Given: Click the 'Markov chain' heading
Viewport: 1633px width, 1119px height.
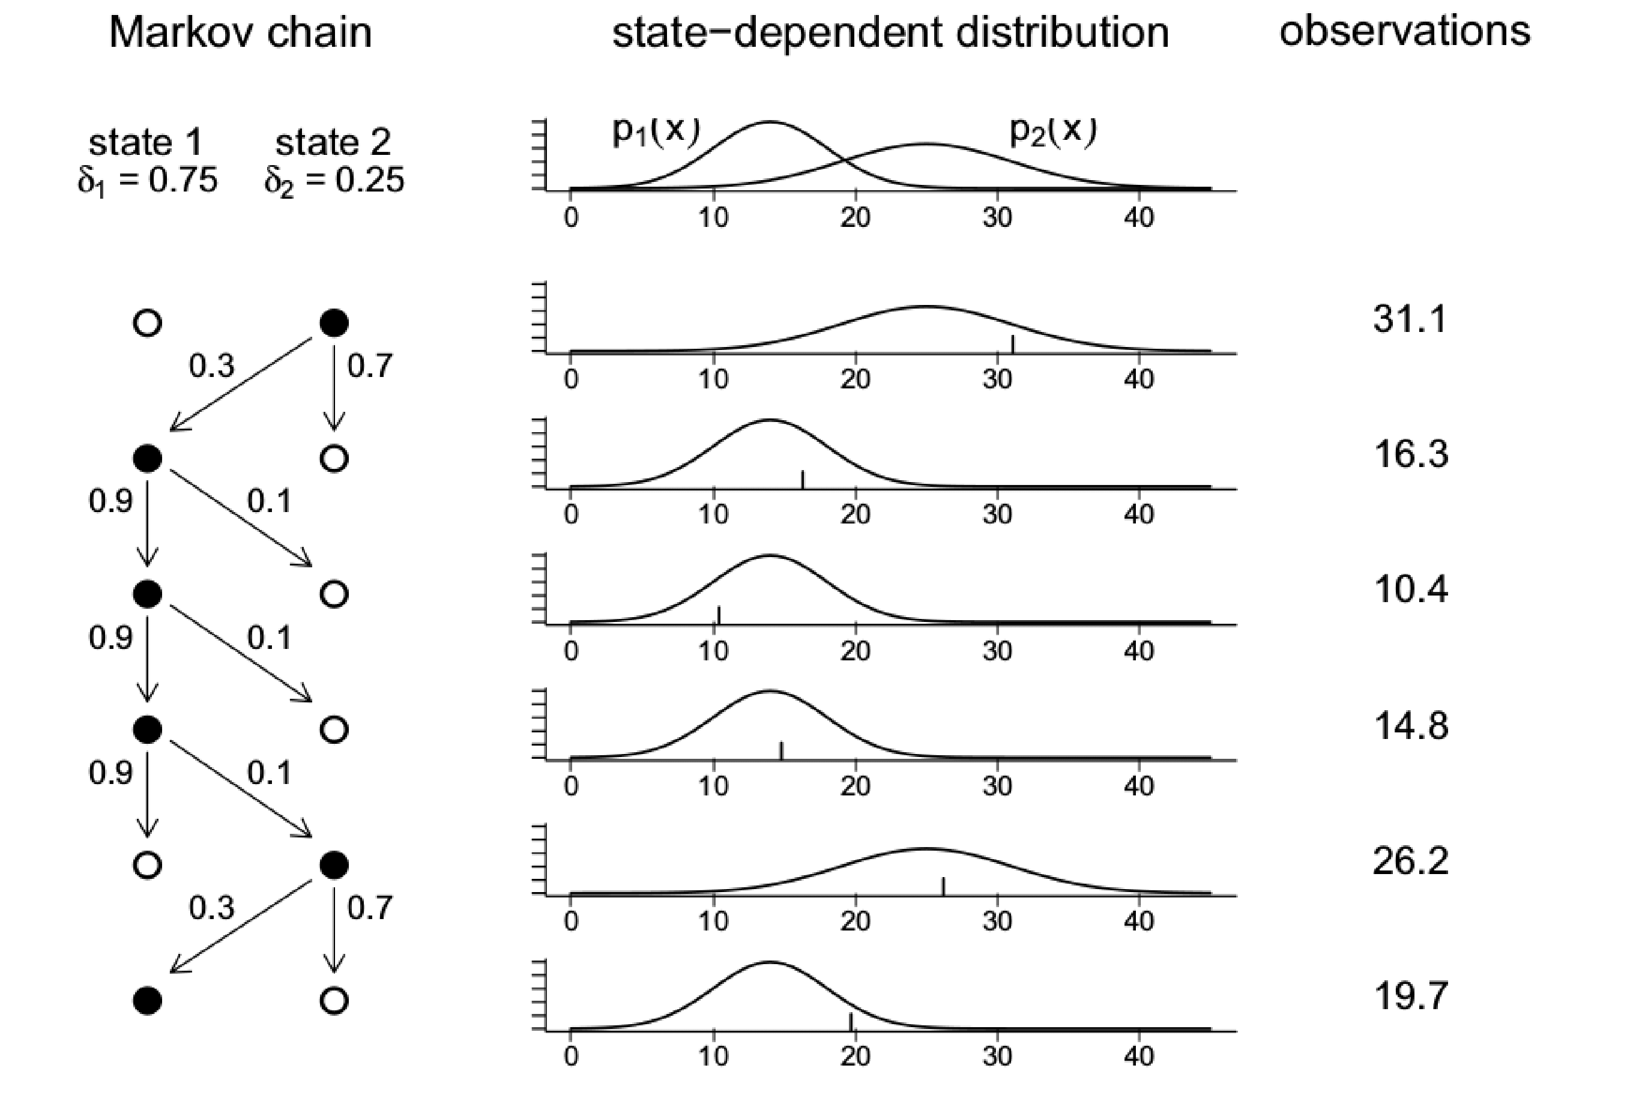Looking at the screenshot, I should (x=240, y=33).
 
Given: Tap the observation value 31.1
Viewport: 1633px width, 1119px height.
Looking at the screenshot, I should (x=1410, y=319).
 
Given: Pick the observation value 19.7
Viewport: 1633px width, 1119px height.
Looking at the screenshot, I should (x=1410, y=996).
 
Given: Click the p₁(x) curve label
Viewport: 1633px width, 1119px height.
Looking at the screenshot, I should (x=656, y=131).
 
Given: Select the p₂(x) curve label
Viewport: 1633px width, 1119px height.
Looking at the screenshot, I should (x=1052, y=131).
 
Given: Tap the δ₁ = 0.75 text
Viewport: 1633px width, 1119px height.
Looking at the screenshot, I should (x=148, y=181).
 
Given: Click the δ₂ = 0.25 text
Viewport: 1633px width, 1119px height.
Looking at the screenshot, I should (x=334, y=181).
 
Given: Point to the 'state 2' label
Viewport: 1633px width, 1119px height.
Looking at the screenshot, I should (x=333, y=143).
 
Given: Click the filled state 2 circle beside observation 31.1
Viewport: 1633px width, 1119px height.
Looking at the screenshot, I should (x=334, y=323).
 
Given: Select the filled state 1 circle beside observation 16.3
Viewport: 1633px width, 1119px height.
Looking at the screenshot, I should (x=148, y=459).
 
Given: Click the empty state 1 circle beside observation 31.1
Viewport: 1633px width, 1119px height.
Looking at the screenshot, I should (x=148, y=323).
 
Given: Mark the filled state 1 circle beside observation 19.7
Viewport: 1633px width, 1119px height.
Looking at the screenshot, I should (x=148, y=1000).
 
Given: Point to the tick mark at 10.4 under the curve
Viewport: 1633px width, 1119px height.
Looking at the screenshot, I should (x=719, y=615).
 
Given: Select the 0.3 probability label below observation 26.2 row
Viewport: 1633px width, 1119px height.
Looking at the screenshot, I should (x=211, y=908).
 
